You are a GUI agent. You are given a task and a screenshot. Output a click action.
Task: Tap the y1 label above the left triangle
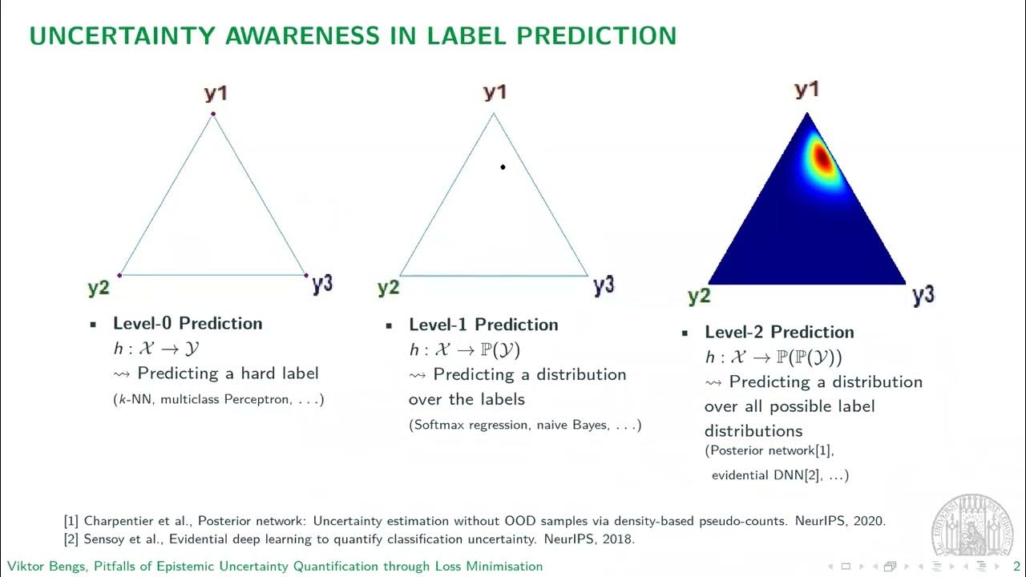click(216, 94)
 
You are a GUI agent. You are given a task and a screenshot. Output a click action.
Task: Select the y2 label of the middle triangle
click(388, 287)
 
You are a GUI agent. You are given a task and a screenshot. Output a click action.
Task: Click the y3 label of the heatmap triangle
click(923, 296)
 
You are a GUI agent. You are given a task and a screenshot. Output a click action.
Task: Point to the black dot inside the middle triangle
click(503, 167)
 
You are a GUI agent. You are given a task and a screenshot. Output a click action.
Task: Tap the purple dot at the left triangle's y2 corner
click(119, 275)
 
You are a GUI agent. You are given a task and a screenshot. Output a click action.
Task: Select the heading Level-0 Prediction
click(188, 324)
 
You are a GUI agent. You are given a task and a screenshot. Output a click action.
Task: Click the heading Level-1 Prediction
click(483, 325)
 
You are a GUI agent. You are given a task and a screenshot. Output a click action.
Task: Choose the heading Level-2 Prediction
click(779, 333)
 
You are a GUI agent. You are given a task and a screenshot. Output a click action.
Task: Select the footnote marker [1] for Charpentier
click(72, 521)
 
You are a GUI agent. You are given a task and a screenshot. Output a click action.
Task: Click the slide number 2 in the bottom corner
click(1016, 567)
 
